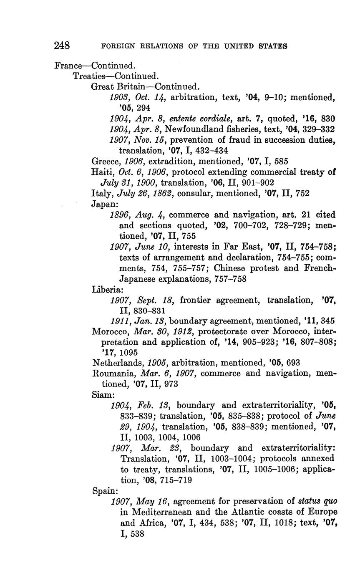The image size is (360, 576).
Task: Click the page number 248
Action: click(x=62, y=45)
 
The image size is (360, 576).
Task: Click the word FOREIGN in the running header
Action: click(x=115, y=46)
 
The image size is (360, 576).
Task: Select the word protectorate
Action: click(x=223, y=331)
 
